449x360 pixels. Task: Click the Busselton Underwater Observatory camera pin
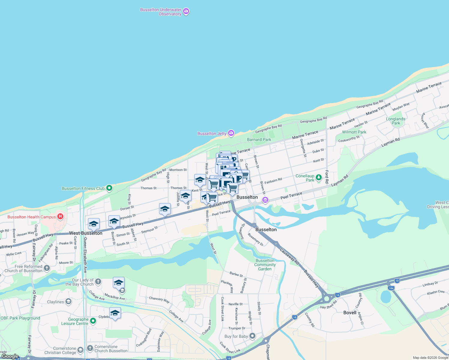186,12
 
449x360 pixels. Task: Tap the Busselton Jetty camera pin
231,133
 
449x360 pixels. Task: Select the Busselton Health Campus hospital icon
60,216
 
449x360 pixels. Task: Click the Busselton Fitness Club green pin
109,188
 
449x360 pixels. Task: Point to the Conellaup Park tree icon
319,177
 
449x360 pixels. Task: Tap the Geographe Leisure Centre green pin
93,321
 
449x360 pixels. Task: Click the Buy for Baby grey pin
252,336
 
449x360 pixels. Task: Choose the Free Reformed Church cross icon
47,268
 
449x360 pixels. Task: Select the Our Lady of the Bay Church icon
98,282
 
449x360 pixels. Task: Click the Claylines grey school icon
68,301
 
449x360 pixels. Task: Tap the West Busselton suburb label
86,233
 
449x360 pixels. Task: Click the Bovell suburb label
350,313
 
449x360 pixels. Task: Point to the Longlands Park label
396,121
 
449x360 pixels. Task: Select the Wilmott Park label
354,132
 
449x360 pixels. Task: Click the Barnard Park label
259,139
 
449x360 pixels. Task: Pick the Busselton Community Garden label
265,265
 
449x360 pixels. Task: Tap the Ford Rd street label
327,177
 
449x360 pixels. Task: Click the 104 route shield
391,288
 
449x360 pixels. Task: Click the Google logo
10,356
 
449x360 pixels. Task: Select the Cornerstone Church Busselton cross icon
90,348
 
